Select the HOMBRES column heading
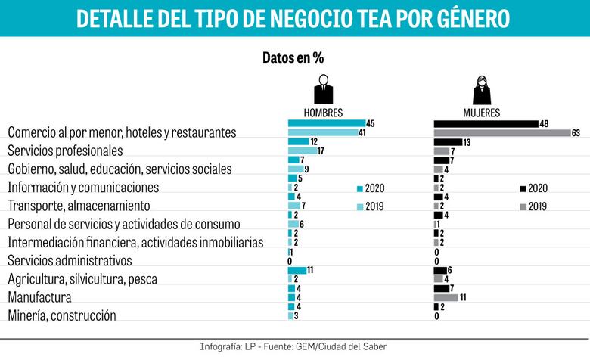pos(323,113)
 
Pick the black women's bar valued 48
pos(485,123)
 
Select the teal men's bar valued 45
pos(326,123)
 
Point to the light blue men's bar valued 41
pos(322,133)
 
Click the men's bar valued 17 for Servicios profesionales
pos(303,151)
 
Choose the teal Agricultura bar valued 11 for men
pos(297,270)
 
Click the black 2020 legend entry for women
pos(533,188)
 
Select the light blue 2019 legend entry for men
pos(371,206)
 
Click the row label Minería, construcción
pos(62,315)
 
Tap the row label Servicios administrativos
pos(70,260)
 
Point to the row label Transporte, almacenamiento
pos(79,205)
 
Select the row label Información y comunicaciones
pos(83,187)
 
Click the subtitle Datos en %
pos(293,57)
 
